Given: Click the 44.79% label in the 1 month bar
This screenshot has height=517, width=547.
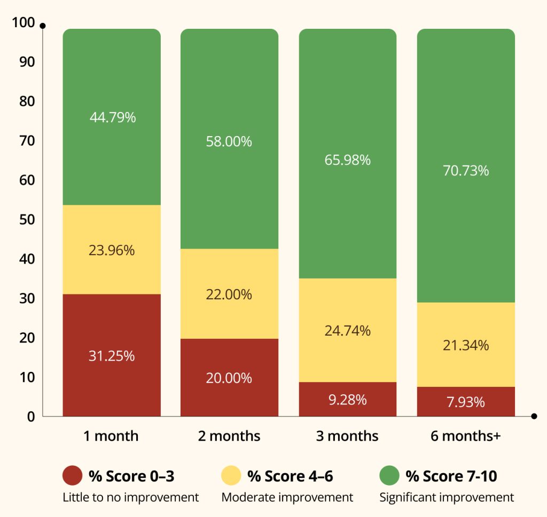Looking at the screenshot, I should [112, 117].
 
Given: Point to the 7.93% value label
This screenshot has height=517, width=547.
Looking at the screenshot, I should [466, 402].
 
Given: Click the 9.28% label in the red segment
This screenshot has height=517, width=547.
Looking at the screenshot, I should [348, 400].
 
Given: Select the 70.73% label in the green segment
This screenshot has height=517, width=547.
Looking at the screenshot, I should [466, 171].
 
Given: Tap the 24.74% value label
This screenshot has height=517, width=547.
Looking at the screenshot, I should [348, 331].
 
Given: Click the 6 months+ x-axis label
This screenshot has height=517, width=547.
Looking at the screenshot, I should [466, 436].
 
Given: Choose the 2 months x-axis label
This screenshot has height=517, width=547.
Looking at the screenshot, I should [229, 436].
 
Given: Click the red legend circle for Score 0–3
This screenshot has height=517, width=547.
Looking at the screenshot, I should [72, 475].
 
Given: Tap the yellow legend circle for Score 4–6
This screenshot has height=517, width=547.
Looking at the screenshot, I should [231, 475].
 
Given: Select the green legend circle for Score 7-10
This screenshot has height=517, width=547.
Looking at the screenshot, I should [389, 475].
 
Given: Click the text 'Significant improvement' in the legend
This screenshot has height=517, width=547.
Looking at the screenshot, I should [447, 497].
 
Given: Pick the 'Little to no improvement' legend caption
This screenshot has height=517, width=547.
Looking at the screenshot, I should [130, 497].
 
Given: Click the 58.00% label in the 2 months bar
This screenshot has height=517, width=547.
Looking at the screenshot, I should [229, 142].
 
